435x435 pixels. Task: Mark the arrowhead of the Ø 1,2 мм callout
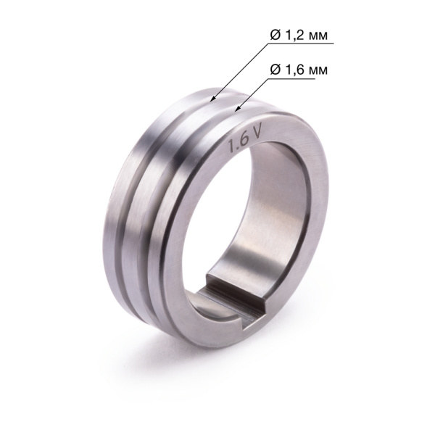[x=211, y=98]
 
